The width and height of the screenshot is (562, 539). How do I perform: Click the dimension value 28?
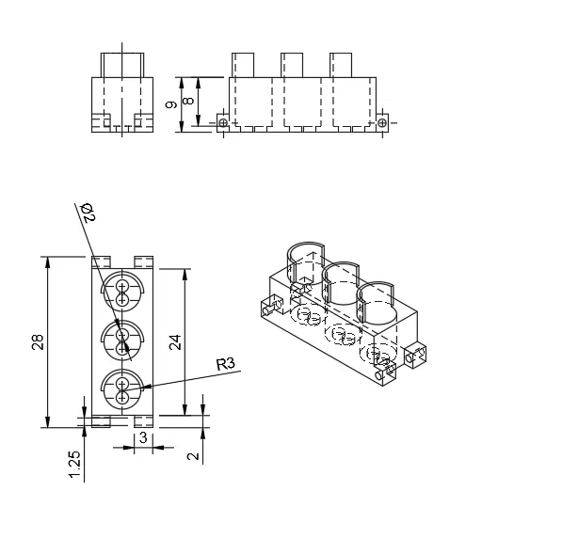(38, 341)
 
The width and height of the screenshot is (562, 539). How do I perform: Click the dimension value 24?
(175, 342)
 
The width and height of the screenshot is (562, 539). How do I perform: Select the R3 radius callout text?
(226, 364)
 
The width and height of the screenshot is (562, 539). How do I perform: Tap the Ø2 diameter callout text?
(88, 213)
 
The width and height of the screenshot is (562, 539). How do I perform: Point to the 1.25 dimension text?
(74, 464)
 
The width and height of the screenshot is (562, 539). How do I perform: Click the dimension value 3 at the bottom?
(143, 437)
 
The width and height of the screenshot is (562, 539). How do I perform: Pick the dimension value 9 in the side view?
(171, 104)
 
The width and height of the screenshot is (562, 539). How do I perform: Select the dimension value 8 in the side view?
(188, 101)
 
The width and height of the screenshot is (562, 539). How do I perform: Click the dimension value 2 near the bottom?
(193, 456)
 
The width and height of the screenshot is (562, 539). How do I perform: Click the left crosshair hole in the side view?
(223, 123)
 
